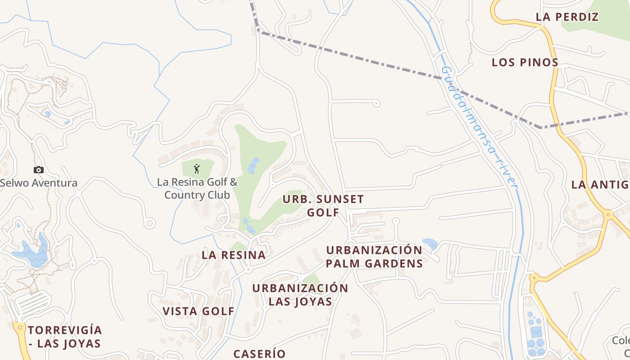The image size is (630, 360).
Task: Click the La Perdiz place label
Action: (x=567, y=17)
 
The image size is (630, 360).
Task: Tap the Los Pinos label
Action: (x=525, y=62)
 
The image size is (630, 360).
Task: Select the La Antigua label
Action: (x=600, y=184)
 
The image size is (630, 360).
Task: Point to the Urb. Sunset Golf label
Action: (x=323, y=206)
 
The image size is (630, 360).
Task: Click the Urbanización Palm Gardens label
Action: (x=374, y=256)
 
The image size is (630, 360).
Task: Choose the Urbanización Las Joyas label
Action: (x=300, y=294)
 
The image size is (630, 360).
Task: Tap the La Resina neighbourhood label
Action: (x=234, y=255)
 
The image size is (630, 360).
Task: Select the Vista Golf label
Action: (x=198, y=311)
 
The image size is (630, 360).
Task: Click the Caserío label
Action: (x=259, y=354)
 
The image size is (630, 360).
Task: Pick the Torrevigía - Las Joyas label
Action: (x=65, y=337)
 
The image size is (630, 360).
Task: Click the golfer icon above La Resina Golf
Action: (x=197, y=169)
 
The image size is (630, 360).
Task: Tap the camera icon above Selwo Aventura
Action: (x=39, y=170)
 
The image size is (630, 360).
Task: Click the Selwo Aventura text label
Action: (x=39, y=183)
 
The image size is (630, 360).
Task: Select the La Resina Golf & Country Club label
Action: (x=197, y=189)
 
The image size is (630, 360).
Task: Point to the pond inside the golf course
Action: (x=253, y=165)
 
